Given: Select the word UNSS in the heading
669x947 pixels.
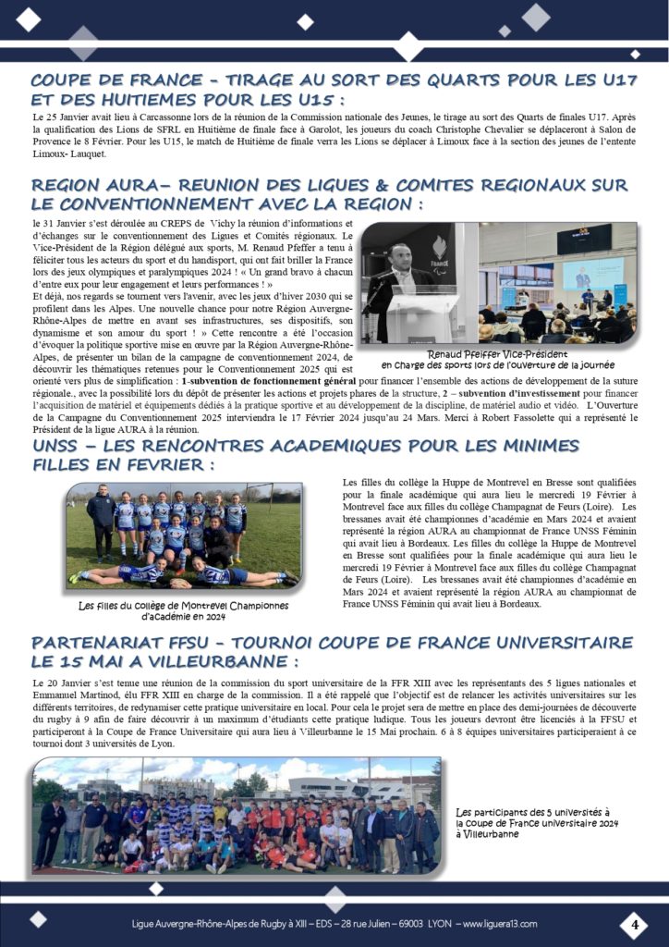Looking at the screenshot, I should (x=61, y=446).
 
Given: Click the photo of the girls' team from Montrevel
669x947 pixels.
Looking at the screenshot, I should (x=184, y=535).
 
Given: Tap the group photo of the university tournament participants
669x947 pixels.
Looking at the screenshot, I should (x=236, y=815).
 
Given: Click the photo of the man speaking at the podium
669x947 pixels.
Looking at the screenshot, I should (x=419, y=283).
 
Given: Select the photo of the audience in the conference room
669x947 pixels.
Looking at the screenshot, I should (x=558, y=283).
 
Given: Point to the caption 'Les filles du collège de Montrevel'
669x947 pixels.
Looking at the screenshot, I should (x=183, y=610).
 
